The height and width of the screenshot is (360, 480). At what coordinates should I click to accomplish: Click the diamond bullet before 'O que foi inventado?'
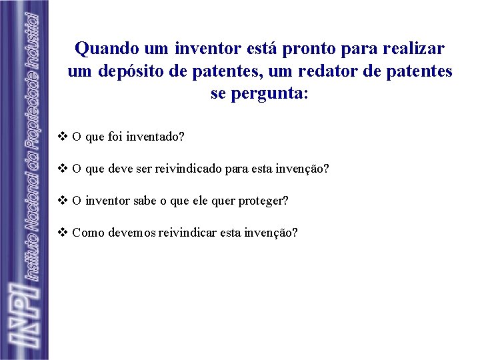tap(63, 137)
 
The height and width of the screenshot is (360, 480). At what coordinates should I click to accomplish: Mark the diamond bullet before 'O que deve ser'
tap(63, 169)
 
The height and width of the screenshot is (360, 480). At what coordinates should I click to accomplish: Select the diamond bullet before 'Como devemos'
tap(63, 233)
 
